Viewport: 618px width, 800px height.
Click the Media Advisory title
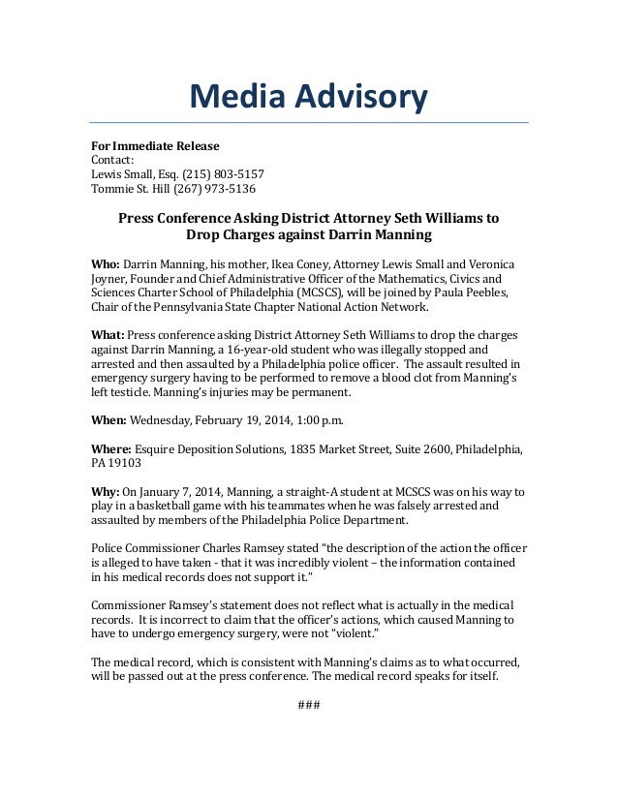click(x=308, y=97)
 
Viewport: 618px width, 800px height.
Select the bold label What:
click(x=109, y=335)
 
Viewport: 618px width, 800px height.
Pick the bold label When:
click(x=109, y=420)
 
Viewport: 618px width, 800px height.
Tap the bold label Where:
click(x=111, y=449)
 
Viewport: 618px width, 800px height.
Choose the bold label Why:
click(x=106, y=491)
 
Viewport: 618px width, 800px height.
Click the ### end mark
click(x=308, y=703)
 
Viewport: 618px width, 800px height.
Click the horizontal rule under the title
click(x=308, y=123)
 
